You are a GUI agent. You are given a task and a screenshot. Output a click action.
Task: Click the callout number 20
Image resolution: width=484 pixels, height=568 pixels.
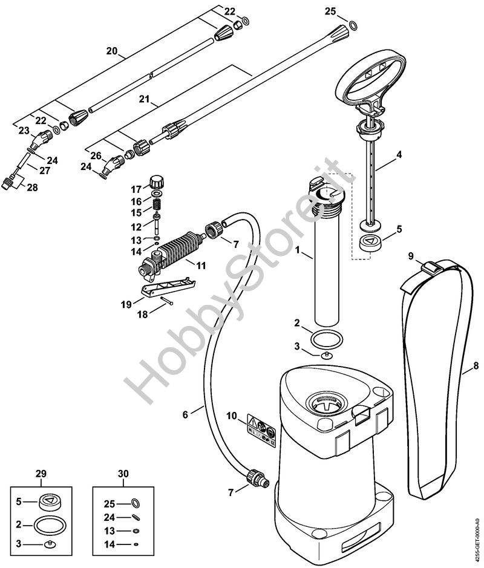point(111,51)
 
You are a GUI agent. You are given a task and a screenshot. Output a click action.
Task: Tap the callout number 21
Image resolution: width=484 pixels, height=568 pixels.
point(145,99)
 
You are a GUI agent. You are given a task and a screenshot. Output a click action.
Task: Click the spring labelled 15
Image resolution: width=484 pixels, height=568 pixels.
point(157,204)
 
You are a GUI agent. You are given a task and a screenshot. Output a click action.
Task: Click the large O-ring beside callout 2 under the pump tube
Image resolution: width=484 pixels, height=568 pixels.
point(327,340)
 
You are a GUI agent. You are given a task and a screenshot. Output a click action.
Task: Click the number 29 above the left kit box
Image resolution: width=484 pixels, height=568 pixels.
point(41,474)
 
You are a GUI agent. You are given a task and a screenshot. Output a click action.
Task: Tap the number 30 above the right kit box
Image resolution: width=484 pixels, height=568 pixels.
point(123,474)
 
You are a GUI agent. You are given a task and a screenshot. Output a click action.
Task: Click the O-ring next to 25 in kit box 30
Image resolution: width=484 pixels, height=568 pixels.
point(136,503)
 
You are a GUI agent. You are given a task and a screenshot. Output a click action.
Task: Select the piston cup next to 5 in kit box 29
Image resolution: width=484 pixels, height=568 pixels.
point(50,501)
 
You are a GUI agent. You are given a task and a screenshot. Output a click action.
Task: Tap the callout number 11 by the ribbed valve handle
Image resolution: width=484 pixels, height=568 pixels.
point(200,266)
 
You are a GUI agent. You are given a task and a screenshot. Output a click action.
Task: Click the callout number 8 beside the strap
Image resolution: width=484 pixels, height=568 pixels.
point(476,366)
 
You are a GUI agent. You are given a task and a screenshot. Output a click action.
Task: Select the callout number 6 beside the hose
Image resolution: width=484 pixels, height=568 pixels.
point(185,414)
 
